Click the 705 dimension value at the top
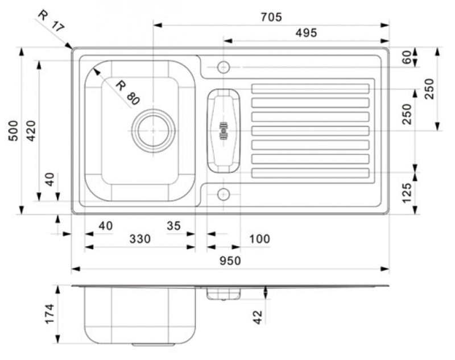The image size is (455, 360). pyautogui.click(x=271, y=17)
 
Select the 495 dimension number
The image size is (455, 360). pyautogui.click(x=306, y=33)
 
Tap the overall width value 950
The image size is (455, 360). pyautogui.click(x=230, y=261)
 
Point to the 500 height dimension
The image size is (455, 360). pyautogui.click(x=13, y=131)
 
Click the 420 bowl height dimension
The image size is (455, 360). pyautogui.click(x=31, y=131)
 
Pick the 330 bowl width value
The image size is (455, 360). pyautogui.click(x=140, y=239)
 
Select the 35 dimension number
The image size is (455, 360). pyautogui.click(x=173, y=226)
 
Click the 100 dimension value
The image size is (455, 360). pyautogui.click(x=259, y=239)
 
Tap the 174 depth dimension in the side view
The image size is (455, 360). pyautogui.click(x=49, y=313)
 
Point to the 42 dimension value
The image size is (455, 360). pyautogui.click(x=258, y=317)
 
